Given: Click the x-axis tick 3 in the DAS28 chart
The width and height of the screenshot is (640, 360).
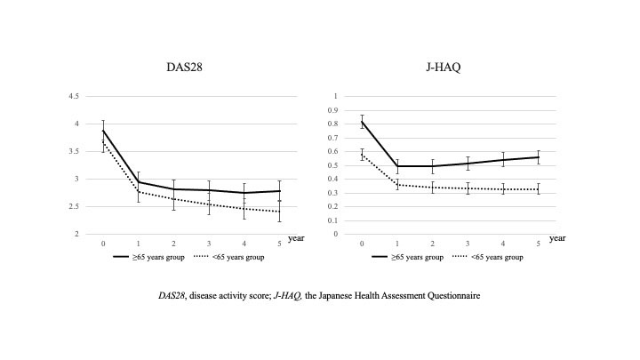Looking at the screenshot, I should point(209,243).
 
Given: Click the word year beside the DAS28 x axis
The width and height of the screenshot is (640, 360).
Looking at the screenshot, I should point(296,239).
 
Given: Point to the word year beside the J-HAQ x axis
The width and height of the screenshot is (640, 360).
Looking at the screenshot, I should point(557,239).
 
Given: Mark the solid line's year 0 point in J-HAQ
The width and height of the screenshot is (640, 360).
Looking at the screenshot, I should point(362,122).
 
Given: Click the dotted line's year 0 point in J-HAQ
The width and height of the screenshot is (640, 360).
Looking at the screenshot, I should point(362,155).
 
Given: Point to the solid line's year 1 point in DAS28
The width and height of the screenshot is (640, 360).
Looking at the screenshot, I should point(138,182).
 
